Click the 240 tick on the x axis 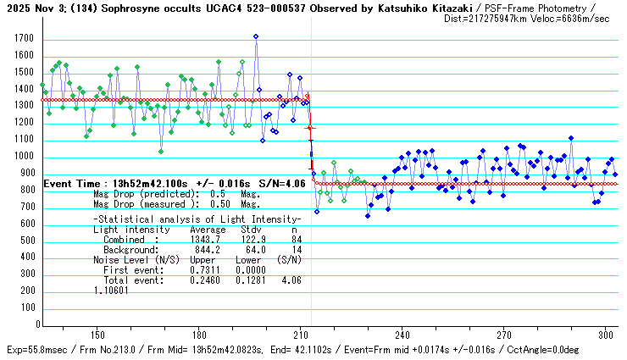pyautogui.click(x=402, y=334)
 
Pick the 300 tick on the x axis pyautogui.click(x=606, y=334)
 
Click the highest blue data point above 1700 pyautogui.click(x=256, y=36)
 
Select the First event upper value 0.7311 pyautogui.click(x=208, y=269)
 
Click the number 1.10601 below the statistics pyautogui.click(x=111, y=290)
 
